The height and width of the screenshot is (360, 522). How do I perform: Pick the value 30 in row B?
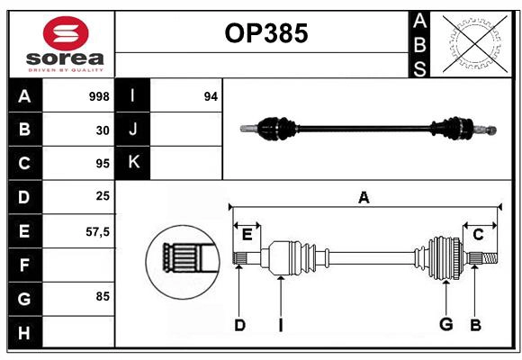coord(103,130)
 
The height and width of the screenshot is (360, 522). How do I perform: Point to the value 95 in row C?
coord(103,164)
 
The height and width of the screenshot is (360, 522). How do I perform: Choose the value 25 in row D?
coord(103,197)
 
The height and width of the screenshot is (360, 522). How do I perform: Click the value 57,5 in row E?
coord(97,231)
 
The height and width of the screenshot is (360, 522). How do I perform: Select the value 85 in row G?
coord(103,296)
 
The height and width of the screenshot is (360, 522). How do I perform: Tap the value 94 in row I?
coord(211,96)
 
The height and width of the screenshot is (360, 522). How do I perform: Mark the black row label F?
coord(24,265)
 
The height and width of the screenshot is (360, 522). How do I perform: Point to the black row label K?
coord(133,163)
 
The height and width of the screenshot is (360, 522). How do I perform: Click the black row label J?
coord(133,130)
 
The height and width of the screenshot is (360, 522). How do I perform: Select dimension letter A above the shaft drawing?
coord(364,197)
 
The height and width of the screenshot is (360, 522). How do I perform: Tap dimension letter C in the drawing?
coord(478,234)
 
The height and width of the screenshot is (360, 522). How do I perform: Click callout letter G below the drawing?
coord(445,325)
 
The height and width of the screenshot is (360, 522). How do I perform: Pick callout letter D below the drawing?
coord(239,325)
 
